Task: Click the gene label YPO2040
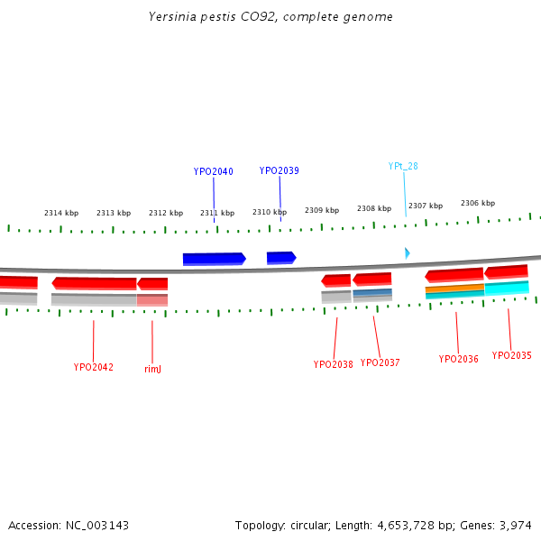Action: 213,171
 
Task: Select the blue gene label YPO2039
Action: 279,170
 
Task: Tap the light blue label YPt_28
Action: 403,166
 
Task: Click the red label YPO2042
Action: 94,367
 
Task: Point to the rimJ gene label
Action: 152,369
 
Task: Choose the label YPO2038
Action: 334,364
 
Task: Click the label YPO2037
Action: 380,362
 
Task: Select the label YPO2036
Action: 458,359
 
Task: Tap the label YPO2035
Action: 511,355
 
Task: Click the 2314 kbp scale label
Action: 61,213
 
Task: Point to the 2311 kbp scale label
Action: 217,213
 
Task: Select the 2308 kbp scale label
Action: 374,208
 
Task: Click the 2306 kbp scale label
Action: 478,203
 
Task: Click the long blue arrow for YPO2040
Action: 214,259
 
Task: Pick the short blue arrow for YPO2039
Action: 281,258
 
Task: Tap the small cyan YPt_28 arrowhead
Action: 408,253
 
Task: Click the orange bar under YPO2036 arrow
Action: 454,289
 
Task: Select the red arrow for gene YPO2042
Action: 95,283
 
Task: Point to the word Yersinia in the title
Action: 173,17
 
